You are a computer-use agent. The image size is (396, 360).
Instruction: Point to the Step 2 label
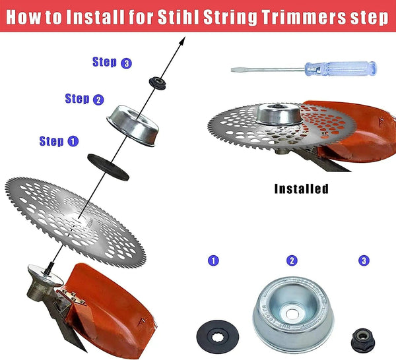pyautogui.click(x=84, y=99)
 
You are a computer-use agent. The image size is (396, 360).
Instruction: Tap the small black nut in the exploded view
pyautogui.click(x=158, y=82)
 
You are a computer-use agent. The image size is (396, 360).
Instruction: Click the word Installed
pyautogui.click(x=301, y=189)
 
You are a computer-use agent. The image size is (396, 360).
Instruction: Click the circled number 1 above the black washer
pyautogui.click(x=213, y=260)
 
